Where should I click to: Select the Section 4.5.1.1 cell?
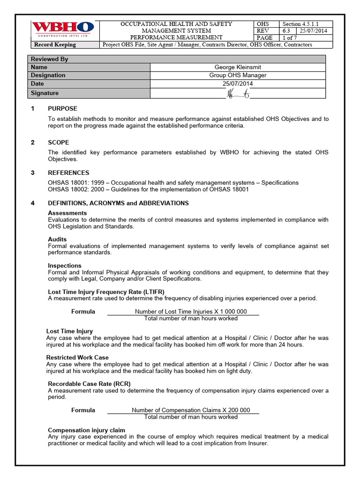coord(306,24)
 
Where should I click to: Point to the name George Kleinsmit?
coord(237,67)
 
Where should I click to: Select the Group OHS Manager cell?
coord(237,75)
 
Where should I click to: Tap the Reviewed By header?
coord(50,59)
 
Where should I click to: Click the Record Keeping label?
coord(55,45)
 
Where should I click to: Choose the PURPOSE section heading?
coord(62,109)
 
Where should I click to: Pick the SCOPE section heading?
coord(59,142)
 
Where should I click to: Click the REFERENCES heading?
coord(68,173)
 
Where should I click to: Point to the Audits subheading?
coord(57,239)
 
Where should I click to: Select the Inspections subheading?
coord(65,266)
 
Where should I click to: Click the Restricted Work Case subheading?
coord(77,357)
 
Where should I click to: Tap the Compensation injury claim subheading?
coord(87,430)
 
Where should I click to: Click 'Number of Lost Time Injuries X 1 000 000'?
coord(191,312)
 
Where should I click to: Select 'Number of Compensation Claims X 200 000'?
coord(191,410)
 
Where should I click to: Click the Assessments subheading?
coord(67,213)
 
